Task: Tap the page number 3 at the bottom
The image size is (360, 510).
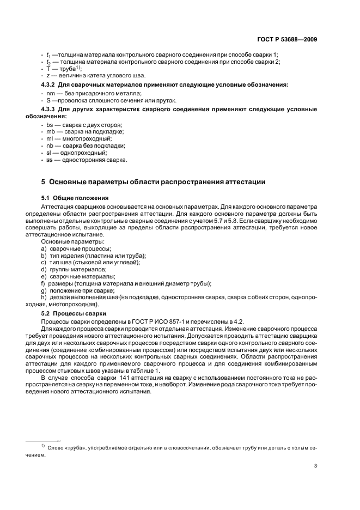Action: (x=316, y=466)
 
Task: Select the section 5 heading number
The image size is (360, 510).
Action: (x=44, y=181)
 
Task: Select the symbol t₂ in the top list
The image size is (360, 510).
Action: (x=49, y=62)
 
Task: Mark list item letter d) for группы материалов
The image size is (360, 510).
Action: (x=44, y=269)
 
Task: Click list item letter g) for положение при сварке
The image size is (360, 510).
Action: (x=44, y=290)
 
